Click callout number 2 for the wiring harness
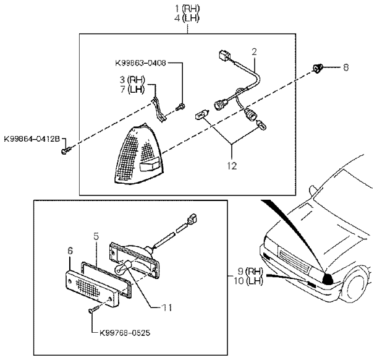pyautogui.click(x=253, y=51)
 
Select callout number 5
pyautogui.click(x=96, y=236)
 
